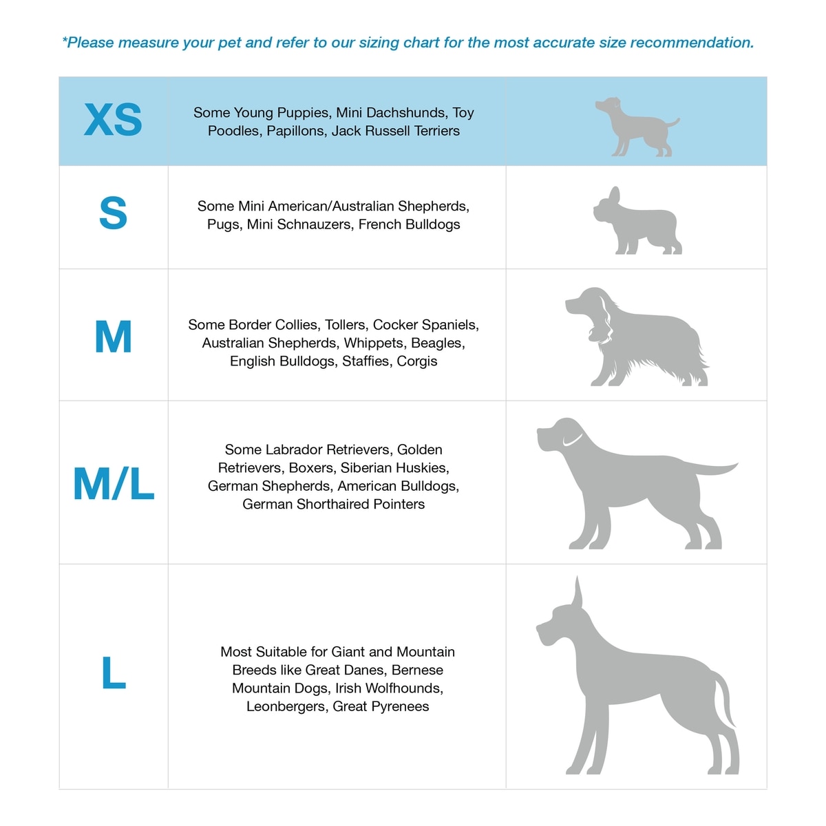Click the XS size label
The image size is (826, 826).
click(x=114, y=120)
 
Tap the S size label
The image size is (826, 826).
click(x=114, y=213)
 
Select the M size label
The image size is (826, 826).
click(x=114, y=337)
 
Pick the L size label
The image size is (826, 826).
click(x=114, y=673)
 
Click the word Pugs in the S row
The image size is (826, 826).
click(x=223, y=224)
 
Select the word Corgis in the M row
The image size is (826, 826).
click(x=416, y=361)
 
